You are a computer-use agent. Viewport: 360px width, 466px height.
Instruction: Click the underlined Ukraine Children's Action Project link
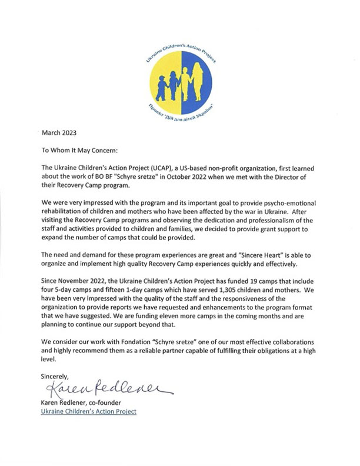[88, 411]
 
